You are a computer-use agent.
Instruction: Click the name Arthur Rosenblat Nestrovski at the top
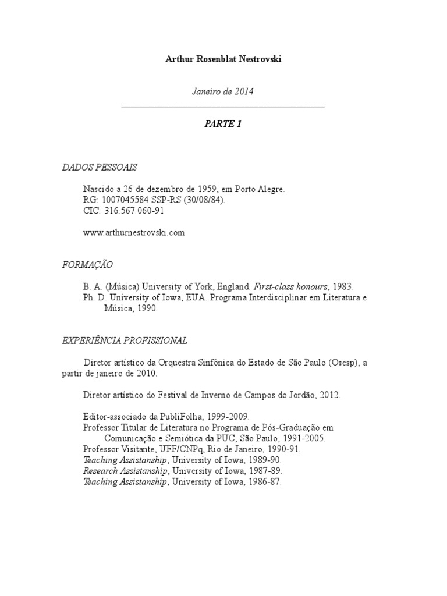[x=223, y=59]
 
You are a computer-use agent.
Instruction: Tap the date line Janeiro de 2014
[x=223, y=92]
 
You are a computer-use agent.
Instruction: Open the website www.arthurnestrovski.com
[x=134, y=232]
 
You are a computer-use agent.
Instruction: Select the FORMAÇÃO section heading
[x=88, y=265]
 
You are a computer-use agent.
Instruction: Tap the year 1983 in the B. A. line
[x=343, y=287]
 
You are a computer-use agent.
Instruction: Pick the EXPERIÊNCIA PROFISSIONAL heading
[x=125, y=340]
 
